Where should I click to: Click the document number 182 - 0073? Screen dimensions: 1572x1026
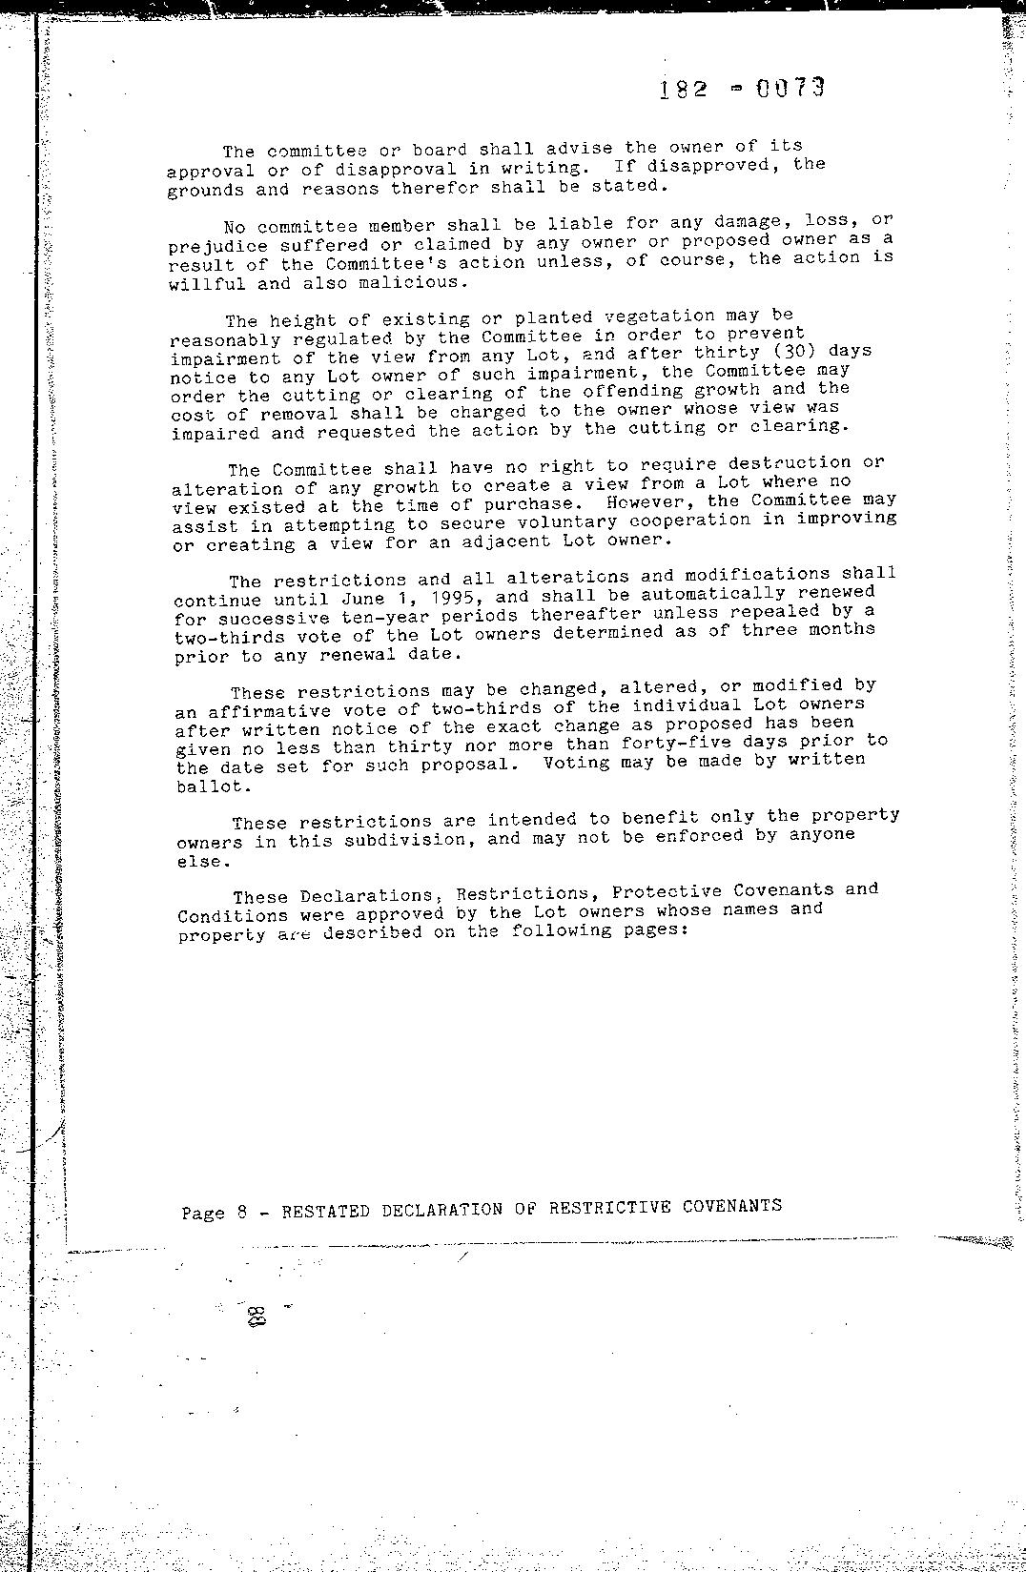tap(740, 90)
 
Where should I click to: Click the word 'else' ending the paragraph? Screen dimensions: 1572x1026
tap(202, 862)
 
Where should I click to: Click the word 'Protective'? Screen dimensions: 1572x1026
tap(667, 892)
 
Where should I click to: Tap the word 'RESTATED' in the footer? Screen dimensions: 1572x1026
tap(326, 1211)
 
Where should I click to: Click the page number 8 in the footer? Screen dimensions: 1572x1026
tap(242, 1213)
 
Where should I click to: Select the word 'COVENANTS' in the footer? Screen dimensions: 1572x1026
tap(731, 1206)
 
